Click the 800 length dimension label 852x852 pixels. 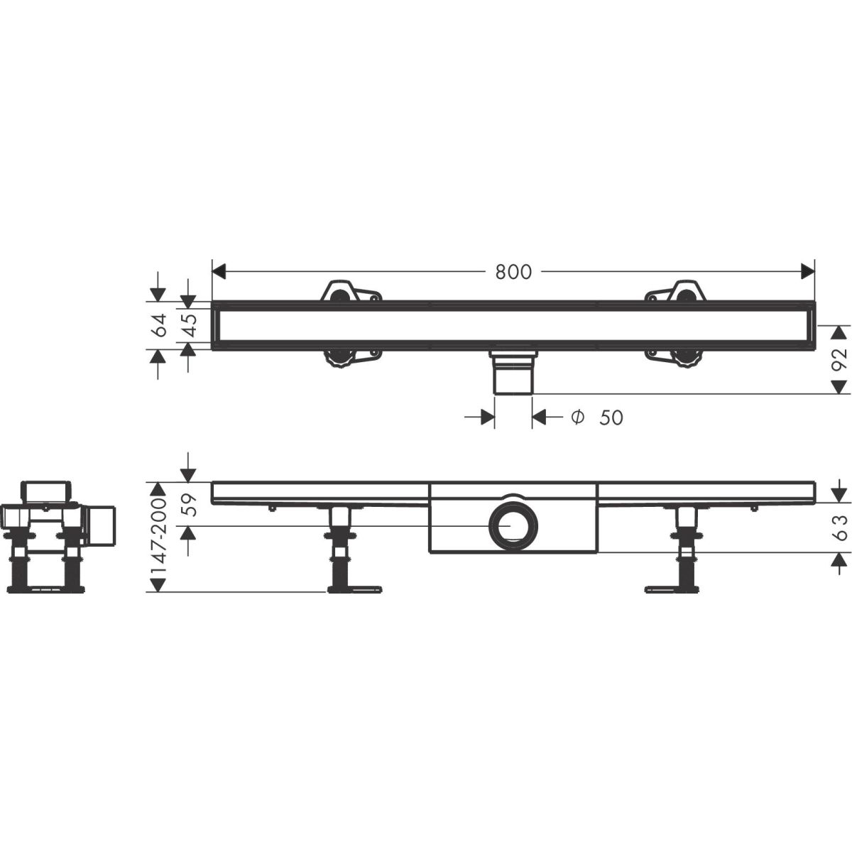click(x=513, y=272)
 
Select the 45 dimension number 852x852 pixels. click(x=190, y=325)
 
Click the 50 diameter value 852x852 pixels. click(x=611, y=417)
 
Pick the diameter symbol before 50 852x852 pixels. click(x=577, y=417)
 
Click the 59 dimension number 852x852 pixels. click(x=190, y=505)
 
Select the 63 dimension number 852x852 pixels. click(x=839, y=528)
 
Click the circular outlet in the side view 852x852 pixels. click(x=513, y=526)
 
